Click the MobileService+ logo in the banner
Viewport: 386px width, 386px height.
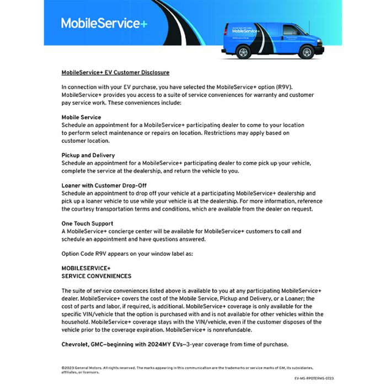coord(104,23)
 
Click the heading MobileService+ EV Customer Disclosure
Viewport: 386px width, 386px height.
coord(115,72)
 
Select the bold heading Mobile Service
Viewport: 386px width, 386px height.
coord(81,117)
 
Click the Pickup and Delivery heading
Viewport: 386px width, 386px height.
coord(88,156)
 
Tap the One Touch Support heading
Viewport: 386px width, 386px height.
coord(87,223)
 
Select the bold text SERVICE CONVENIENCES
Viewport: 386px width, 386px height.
coord(96,276)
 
